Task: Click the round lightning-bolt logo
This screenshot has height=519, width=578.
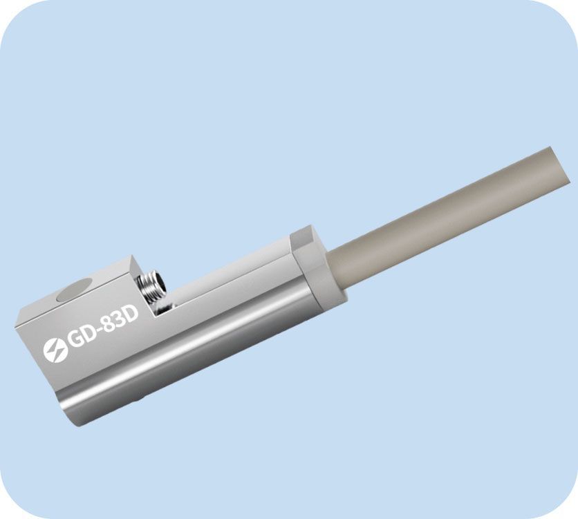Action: click(54, 350)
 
